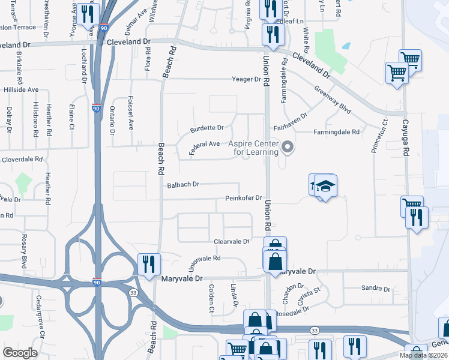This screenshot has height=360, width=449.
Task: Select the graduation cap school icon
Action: [x=325, y=187]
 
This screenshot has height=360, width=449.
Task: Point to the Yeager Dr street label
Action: [x=247, y=79]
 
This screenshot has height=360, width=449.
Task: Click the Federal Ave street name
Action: [x=204, y=146]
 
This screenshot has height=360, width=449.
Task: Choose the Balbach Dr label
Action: [x=183, y=185]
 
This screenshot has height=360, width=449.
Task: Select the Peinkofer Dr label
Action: [x=244, y=198]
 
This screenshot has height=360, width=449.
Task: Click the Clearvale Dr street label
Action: [x=232, y=241]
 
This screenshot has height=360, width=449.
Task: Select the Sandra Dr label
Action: [x=376, y=289]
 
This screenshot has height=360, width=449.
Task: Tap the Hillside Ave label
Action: [x=21, y=89]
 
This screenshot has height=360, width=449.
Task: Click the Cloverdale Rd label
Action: [x=22, y=160]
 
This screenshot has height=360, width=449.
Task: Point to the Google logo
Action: [x=20, y=353]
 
